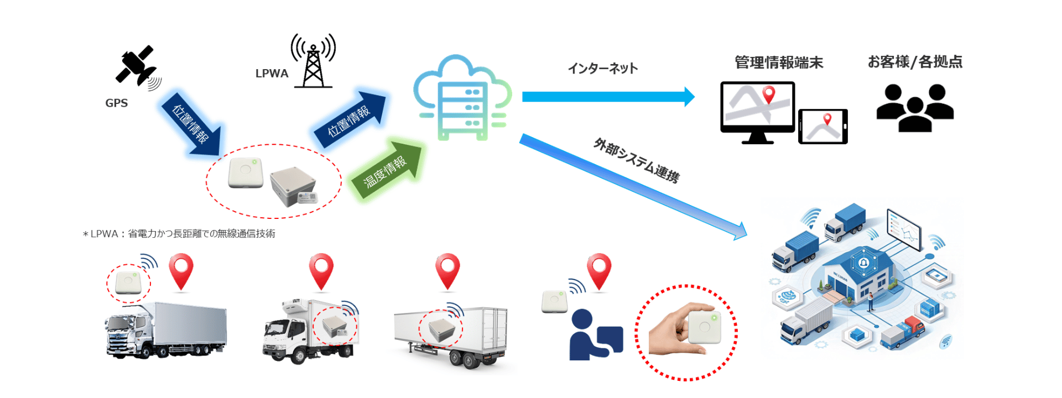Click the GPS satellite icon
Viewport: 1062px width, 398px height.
coord(136,67)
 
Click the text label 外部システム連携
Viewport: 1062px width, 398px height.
coord(636,161)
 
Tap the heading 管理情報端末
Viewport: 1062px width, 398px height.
coord(778,62)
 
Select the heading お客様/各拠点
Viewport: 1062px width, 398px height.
coord(915,61)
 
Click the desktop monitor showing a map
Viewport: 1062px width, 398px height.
coord(757,111)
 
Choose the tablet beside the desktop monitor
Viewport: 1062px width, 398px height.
coord(822,127)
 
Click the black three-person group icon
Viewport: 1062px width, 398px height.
coord(915,108)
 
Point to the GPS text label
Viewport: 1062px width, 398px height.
coord(116,103)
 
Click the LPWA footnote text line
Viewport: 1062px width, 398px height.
coord(179,234)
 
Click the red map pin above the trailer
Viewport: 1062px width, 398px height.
coord(447,270)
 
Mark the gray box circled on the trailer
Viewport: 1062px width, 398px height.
coord(440,329)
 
